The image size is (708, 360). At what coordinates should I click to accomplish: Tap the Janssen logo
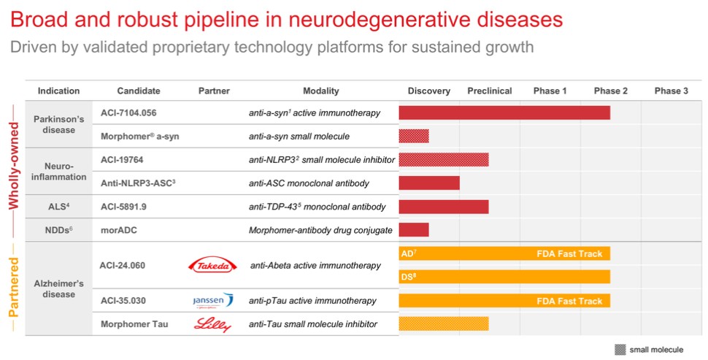click(214, 300)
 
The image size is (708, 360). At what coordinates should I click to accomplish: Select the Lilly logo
click(214, 323)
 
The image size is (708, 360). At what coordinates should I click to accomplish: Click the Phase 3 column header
click(671, 91)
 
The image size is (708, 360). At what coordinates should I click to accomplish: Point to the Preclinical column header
click(489, 91)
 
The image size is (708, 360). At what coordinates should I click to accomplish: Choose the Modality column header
click(321, 91)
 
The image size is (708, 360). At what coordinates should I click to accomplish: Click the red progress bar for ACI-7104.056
click(504, 112)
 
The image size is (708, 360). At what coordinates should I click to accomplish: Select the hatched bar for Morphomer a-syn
click(414, 136)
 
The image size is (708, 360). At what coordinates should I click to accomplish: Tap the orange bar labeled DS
click(504, 277)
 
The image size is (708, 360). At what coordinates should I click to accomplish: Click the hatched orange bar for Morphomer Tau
click(443, 323)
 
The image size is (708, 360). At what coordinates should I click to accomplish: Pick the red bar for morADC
click(414, 230)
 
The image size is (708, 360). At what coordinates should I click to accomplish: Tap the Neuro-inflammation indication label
click(59, 171)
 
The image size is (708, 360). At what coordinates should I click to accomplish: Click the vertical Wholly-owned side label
click(13, 156)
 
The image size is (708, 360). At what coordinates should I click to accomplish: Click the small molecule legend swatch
click(620, 349)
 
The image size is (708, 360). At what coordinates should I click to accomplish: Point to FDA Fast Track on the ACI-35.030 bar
click(569, 300)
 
